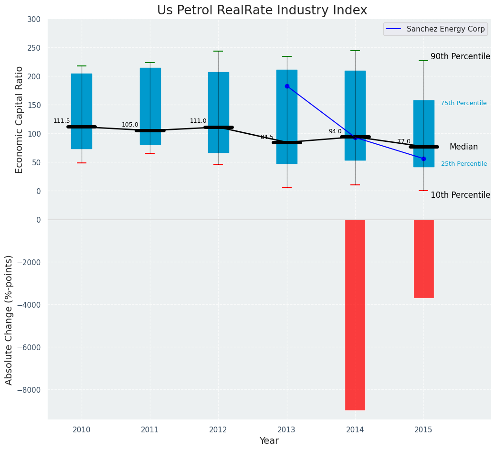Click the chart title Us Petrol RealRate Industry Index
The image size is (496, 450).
[x=262, y=11]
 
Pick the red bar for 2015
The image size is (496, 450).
[x=423, y=258]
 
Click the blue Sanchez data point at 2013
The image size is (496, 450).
[x=287, y=86]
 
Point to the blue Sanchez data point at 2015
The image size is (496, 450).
[x=423, y=159]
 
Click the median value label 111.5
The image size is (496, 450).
[x=62, y=121]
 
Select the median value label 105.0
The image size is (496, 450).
[x=130, y=125]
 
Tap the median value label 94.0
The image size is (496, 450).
[x=335, y=131]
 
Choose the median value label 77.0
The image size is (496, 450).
[x=404, y=141]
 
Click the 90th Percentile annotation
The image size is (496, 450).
[x=460, y=56]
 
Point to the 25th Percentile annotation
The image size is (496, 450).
[x=464, y=164]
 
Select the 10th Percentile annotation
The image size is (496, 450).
[x=460, y=195]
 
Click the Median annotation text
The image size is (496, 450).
[x=464, y=147]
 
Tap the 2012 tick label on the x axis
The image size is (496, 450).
[x=218, y=430]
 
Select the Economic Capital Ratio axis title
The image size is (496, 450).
[x=20, y=119]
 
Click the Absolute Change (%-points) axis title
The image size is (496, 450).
[x=9, y=320]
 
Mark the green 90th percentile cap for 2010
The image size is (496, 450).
[x=82, y=66]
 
